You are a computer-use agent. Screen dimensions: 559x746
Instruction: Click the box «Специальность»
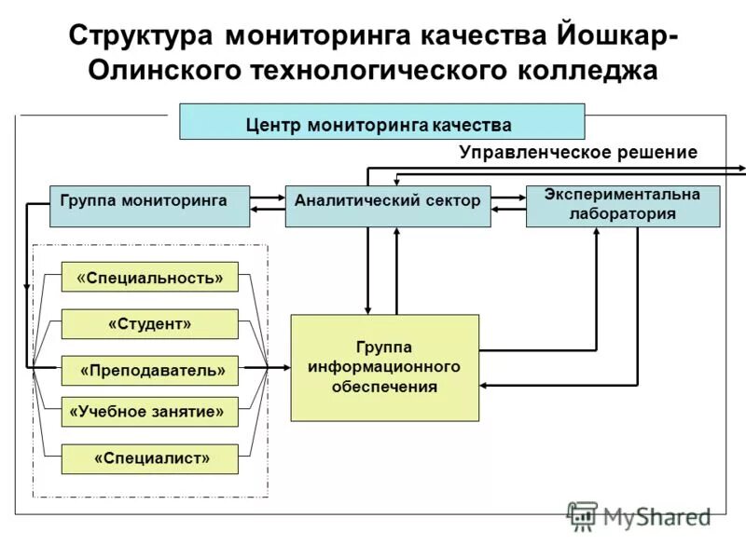(x=149, y=277)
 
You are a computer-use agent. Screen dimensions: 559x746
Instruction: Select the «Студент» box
(x=149, y=323)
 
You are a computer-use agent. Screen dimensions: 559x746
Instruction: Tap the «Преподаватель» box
(x=149, y=370)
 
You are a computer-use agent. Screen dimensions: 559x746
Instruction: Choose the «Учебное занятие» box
(x=149, y=411)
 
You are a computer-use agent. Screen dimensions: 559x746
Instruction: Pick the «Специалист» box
(x=149, y=458)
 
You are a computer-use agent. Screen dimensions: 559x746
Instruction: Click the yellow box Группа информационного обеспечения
(x=384, y=367)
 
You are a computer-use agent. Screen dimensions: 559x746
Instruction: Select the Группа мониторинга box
(x=149, y=206)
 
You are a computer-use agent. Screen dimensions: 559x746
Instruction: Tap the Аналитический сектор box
(x=387, y=206)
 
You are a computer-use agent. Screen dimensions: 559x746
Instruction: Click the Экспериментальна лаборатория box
(x=623, y=206)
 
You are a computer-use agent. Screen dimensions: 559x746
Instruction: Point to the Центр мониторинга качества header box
(x=381, y=122)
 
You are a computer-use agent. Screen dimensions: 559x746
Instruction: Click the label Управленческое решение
(x=577, y=153)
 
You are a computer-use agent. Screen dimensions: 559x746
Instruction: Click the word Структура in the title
(x=143, y=36)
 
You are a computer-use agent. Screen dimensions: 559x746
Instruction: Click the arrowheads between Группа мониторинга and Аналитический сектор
(x=268, y=204)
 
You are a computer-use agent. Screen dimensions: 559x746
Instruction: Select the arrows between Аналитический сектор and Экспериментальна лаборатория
(x=508, y=204)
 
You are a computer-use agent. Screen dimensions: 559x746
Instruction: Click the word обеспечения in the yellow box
(x=384, y=387)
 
